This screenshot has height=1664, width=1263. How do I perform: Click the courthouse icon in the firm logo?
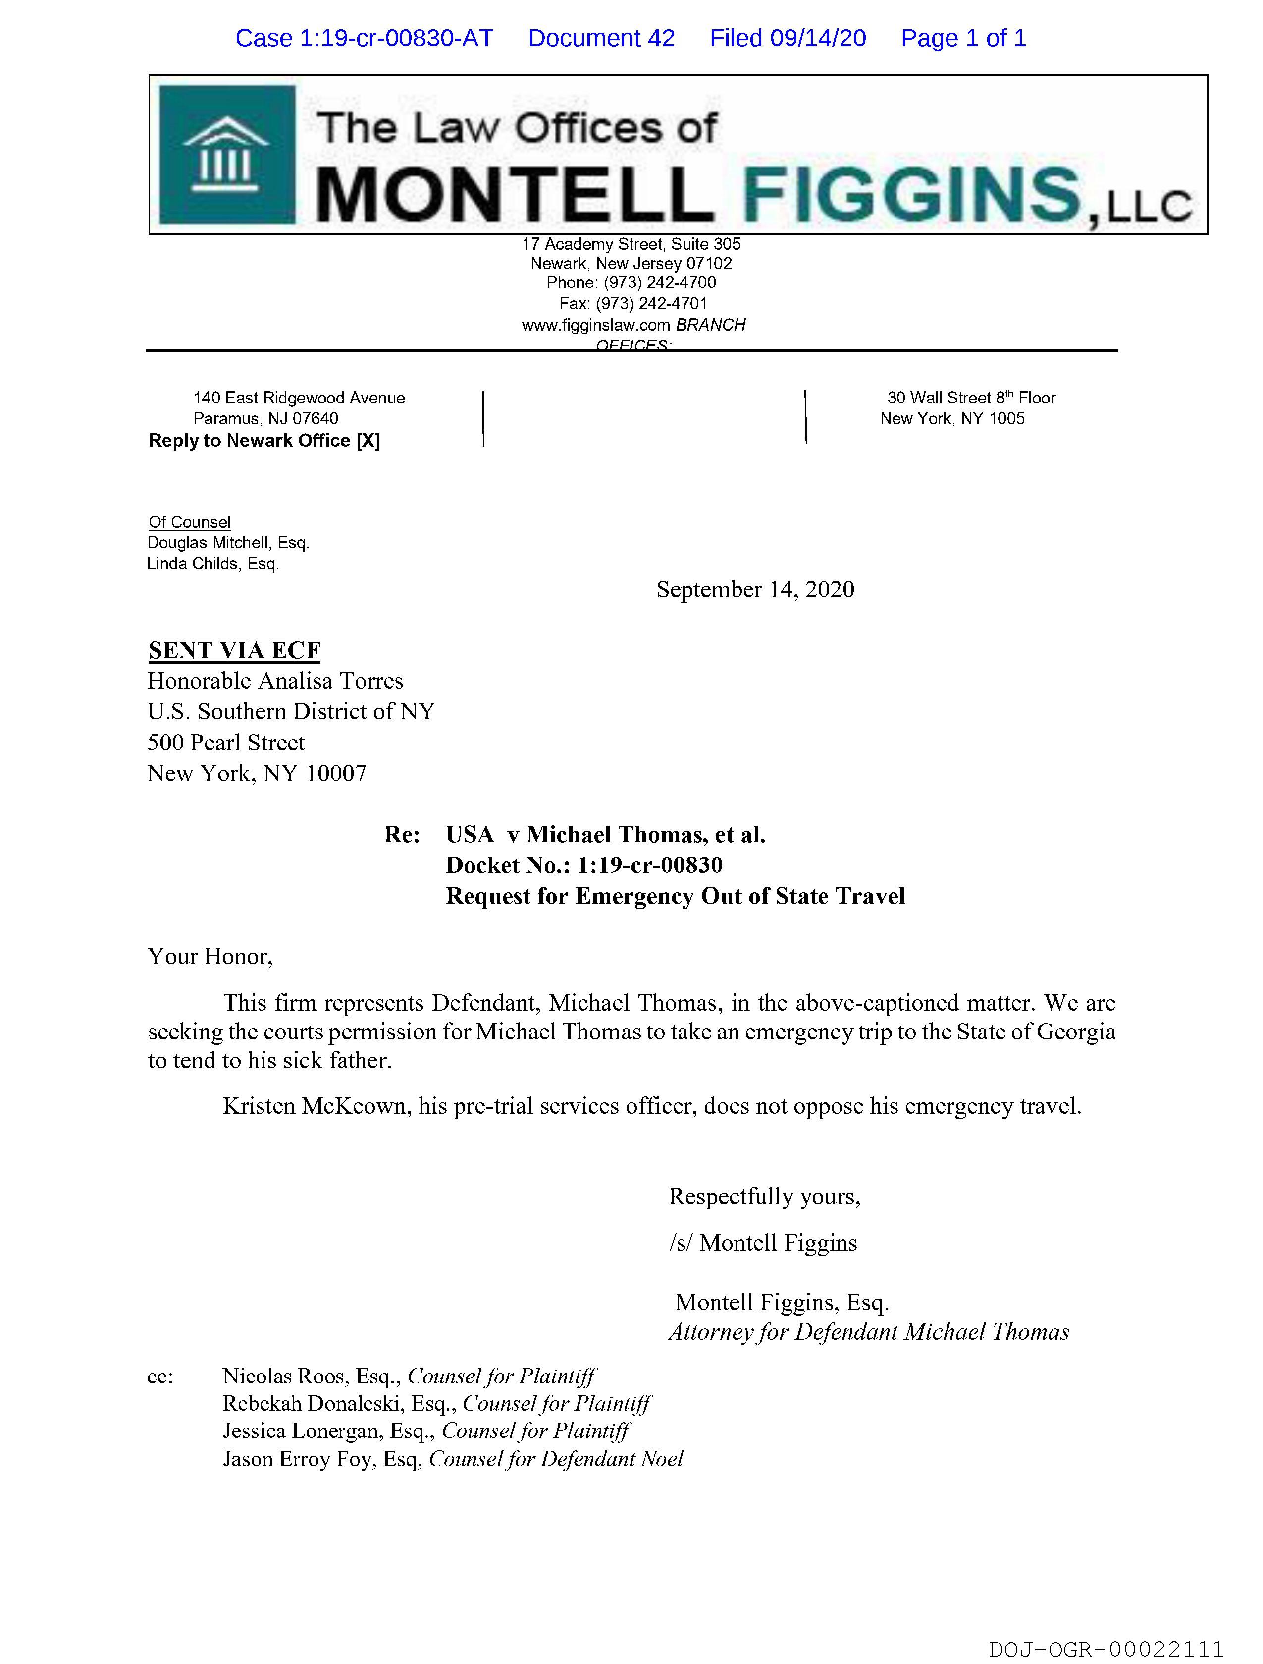[x=226, y=155]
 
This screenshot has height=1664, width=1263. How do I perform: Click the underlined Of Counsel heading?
[x=189, y=522]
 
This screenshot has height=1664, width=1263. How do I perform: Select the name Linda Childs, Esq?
[x=213, y=564]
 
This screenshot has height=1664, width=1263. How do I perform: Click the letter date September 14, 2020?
[x=755, y=589]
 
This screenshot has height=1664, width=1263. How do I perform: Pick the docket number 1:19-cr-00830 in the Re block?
[x=649, y=865]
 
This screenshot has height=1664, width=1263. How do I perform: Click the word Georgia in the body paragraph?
[x=1076, y=1032]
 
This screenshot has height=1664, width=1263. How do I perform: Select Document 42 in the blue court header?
[x=601, y=38]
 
